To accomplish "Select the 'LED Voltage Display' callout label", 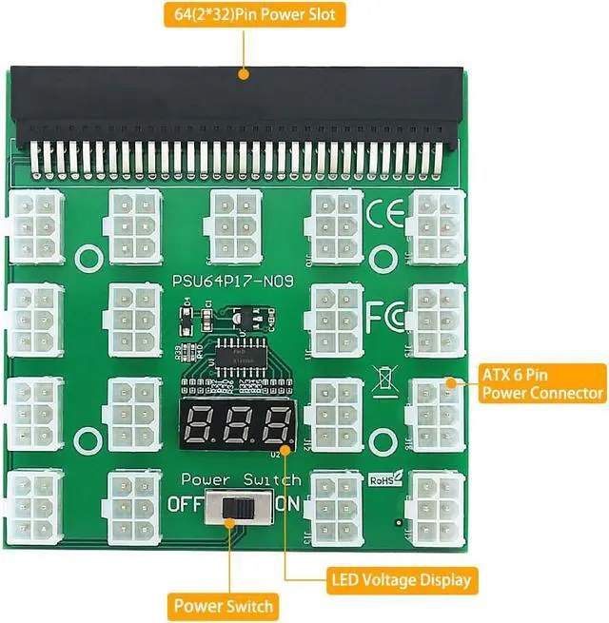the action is pyautogui.click(x=401, y=578).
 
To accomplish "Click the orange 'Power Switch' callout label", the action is pyautogui.click(x=224, y=605).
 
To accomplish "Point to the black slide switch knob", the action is pyautogui.click(x=231, y=510).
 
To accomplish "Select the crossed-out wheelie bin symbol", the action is pyautogui.click(x=385, y=379).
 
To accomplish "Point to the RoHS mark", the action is pyautogui.click(x=386, y=479).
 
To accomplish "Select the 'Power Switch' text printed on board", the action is pyautogui.click(x=241, y=479).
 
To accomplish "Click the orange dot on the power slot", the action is pyautogui.click(x=244, y=74).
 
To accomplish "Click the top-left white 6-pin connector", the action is pyautogui.click(x=35, y=225).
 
